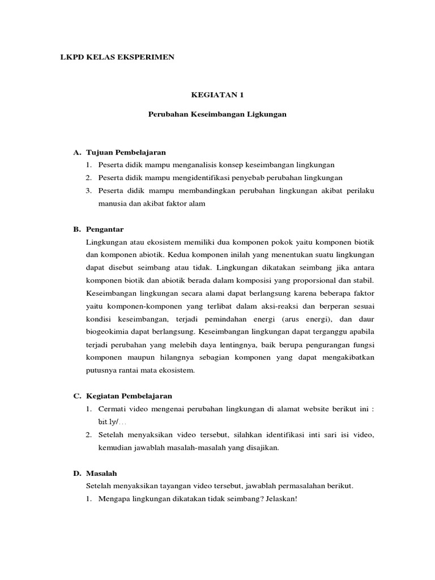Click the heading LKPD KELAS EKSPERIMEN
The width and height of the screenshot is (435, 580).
click(117, 58)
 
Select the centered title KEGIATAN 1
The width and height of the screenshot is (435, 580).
click(217, 96)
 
